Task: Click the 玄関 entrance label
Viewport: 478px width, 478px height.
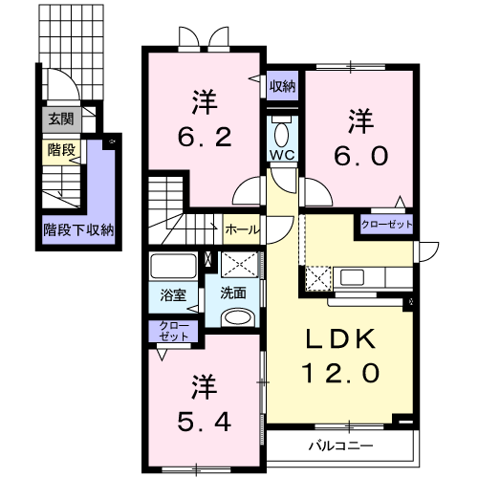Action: [x=61, y=119]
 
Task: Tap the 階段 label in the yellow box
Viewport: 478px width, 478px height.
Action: [x=61, y=149]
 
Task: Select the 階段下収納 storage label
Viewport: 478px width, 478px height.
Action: [x=78, y=229]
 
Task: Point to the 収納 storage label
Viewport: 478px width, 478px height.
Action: [x=282, y=86]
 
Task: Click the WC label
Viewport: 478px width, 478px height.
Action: [x=282, y=155]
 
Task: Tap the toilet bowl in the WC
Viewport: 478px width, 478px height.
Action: [x=281, y=135]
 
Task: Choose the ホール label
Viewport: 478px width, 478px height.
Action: [x=242, y=229]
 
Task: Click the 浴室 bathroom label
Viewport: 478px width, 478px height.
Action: [x=173, y=295]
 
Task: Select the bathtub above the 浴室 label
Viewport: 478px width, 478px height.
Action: [x=173, y=266]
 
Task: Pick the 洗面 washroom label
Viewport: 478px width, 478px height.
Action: [x=233, y=293]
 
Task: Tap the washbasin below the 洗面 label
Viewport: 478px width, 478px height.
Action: [x=238, y=317]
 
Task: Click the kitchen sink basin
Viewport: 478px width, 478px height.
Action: [x=352, y=277]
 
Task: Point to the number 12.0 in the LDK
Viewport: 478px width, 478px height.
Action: [x=340, y=373]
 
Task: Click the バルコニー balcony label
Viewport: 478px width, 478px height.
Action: [x=340, y=445]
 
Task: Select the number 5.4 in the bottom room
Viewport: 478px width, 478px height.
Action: [x=204, y=422]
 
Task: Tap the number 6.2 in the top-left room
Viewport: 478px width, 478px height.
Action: [x=204, y=138]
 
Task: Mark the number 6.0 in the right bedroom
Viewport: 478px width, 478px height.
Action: [x=361, y=156]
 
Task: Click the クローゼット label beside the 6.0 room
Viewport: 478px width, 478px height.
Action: [x=386, y=225]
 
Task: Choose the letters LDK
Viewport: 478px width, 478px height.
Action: [x=340, y=338]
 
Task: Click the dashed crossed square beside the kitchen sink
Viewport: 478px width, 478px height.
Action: [x=318, y=278]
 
